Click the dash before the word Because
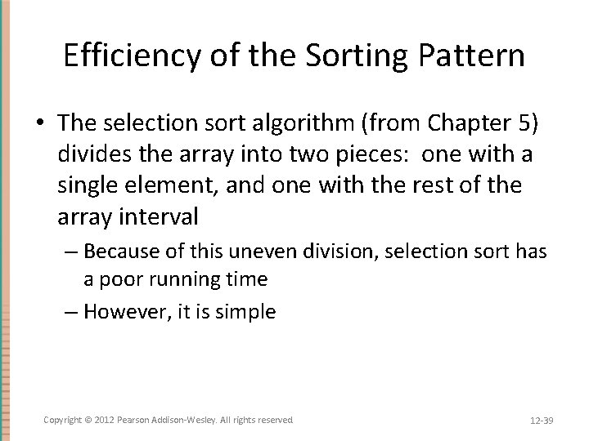pos(71,251)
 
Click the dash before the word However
pos(71,311)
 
